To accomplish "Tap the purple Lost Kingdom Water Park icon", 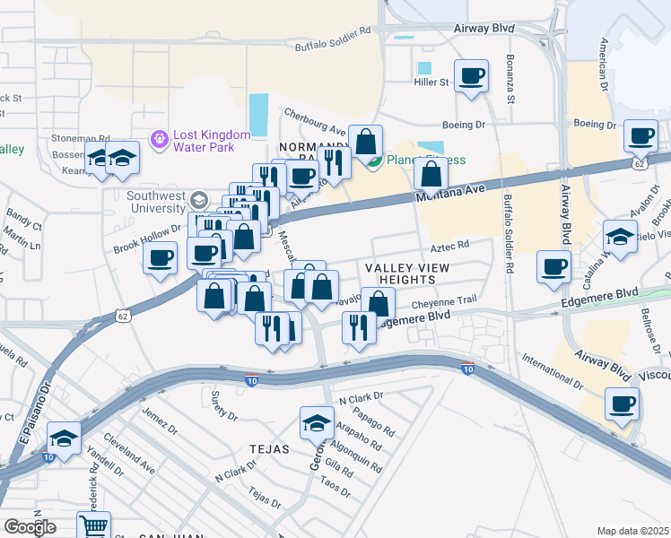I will point(161,140).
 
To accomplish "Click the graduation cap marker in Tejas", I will point(317,422).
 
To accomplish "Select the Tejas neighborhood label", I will point(270,449).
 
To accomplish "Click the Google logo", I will point(30,527).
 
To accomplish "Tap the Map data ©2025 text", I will point(632,531).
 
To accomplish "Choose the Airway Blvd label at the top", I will point(484,29).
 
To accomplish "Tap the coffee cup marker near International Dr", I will point(622,404).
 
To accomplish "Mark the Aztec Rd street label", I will point(450,245).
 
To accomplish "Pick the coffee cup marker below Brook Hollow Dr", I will point(161,260).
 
